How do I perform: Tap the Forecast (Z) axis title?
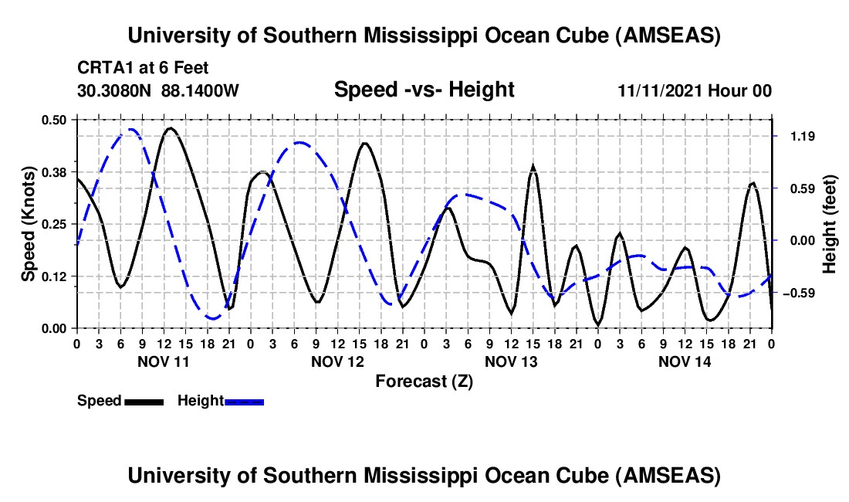tap(424, 381)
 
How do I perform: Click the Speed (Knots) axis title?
tap(28, 224)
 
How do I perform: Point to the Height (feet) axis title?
tap(830, 224)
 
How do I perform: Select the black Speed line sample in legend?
tap(144, 402)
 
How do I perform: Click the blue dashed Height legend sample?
tap(244, 402)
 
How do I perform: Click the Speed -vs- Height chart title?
tap(424, 90)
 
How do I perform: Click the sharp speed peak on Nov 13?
tap(533, 167)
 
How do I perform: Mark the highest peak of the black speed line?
tap(170, 128)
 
